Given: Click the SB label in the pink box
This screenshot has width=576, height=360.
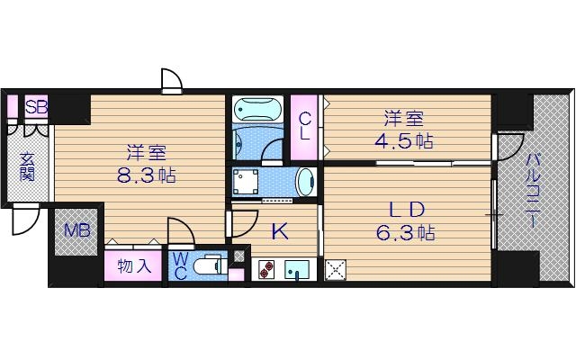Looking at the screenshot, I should tap(36, 107).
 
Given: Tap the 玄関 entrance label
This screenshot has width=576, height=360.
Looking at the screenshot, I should tap(27, 164).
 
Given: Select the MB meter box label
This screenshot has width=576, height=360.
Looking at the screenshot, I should tap(76, 230).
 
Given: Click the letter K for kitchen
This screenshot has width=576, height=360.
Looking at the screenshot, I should tap(280, 232).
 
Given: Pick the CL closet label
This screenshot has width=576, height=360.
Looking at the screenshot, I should tap(306, 125).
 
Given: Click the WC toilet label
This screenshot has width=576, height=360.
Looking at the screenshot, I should tap(180, 265).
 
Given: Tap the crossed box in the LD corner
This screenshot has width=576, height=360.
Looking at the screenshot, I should tap(334, 268).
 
